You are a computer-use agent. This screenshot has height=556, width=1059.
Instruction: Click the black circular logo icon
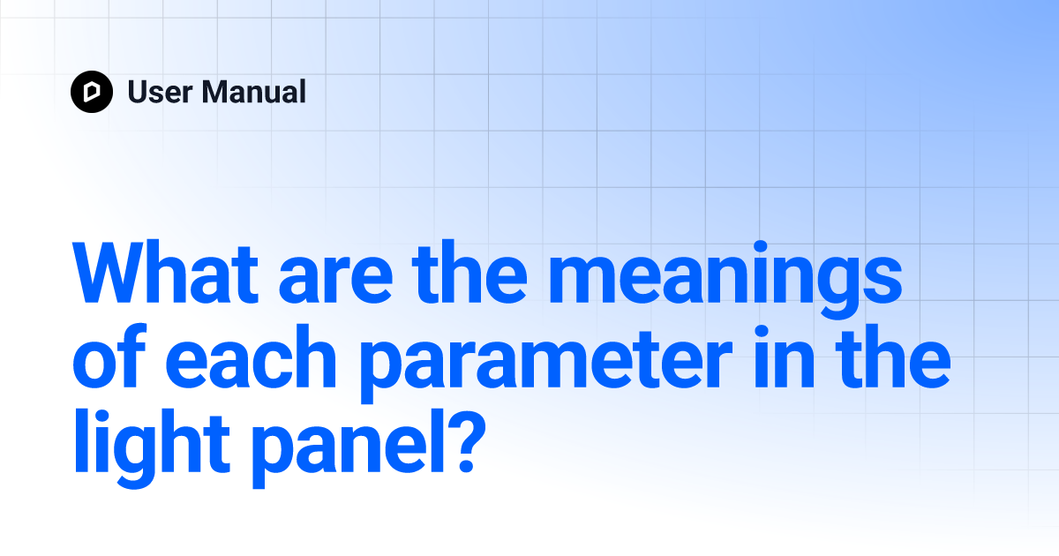click(92, 92)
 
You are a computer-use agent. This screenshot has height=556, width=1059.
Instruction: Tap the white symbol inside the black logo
click(92, 92)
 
